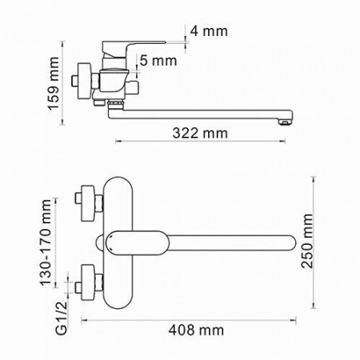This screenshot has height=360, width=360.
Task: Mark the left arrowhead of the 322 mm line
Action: point(119,142)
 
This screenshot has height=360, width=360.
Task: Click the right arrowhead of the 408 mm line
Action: point(300,319)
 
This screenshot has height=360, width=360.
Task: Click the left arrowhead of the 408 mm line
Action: point(83,319)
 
